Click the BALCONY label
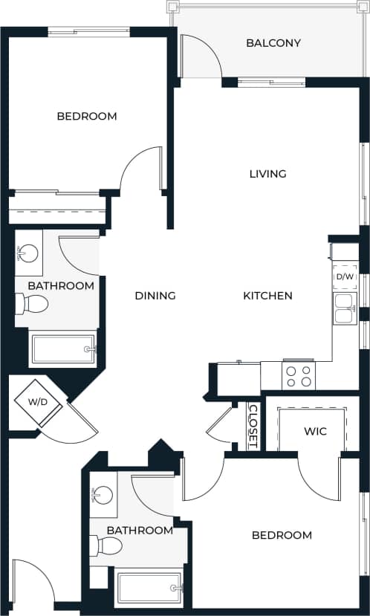click(x=273, y=43)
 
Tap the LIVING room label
click(x=267, y=174)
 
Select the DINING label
click(x=155, y=296)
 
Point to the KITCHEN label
click(x=267, y=296)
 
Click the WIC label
click(x=315, y=432)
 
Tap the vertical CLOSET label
click(x=253, y=426)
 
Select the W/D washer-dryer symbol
click(x=36, y=403)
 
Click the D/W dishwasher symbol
click(x=345, y=277)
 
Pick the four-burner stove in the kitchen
click(x=299, y=376)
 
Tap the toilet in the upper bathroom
click(x=33, y=304)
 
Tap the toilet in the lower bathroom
click(x=107, y=547)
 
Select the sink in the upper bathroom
click(x=27, y=254)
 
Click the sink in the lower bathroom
click(x=103, y=496)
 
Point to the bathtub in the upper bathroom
click(x=63, y=349)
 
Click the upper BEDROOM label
click(x=87, y=117)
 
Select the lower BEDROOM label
click(x=281, y=535)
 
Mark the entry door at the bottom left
click(x=33, y=583)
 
